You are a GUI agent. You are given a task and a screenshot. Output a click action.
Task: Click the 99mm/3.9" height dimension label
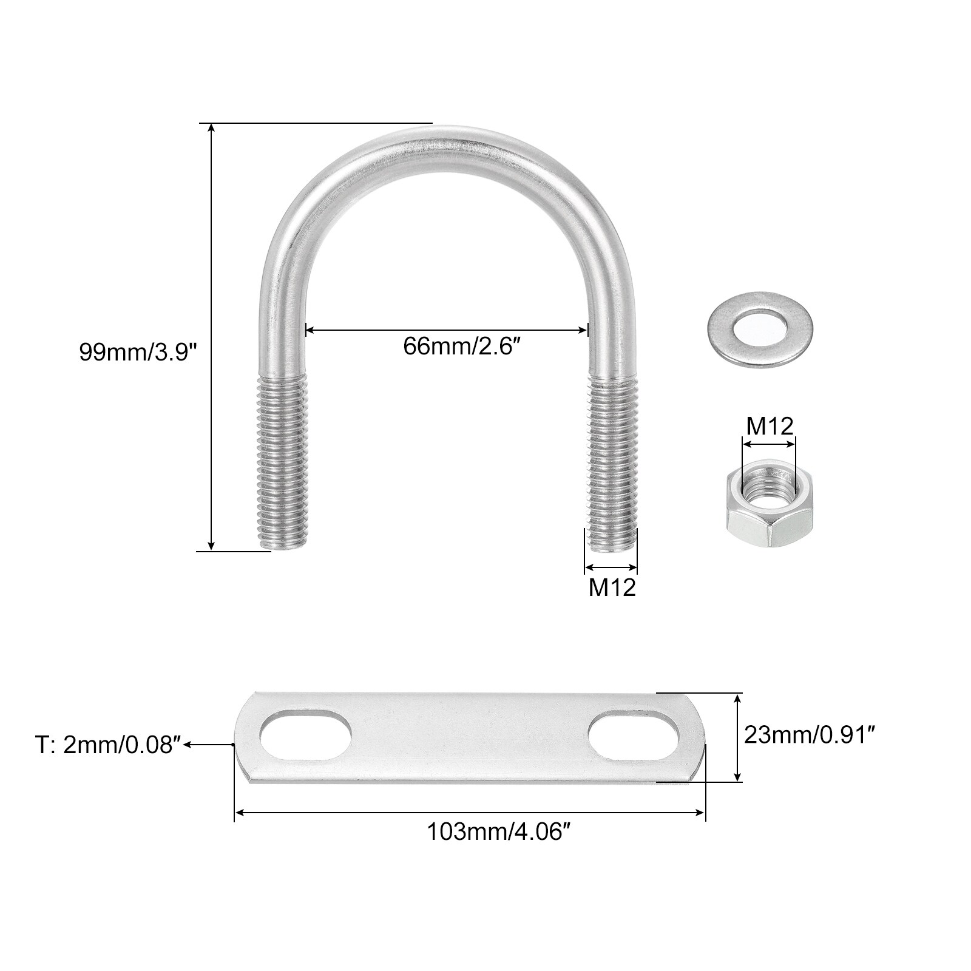point(138,352)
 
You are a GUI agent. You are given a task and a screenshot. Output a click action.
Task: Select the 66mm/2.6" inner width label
point(462,347)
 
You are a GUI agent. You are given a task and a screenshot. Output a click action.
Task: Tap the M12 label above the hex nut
point(770,426)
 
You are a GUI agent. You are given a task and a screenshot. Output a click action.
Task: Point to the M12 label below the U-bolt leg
point(612,587)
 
